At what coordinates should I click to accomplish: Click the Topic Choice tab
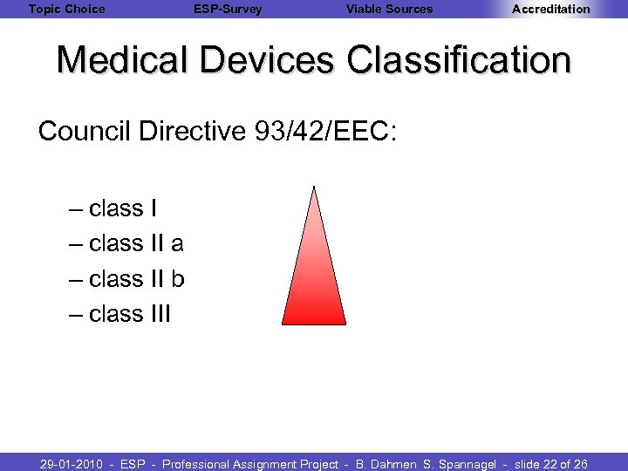(x=66, y=10)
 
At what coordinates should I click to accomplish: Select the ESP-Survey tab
(x=228, y=10)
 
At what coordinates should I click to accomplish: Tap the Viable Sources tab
(x=389, y=10)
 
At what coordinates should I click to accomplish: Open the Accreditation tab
(x=550, y=10)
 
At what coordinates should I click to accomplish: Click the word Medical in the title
(x=124, y=61)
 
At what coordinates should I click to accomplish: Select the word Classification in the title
(x=459, y=61)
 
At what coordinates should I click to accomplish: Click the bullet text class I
(x=123, y=208)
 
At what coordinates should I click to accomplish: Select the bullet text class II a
(x=136, y=243)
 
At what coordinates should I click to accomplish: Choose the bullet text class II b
(x=137, y=279)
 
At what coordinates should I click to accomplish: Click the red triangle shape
(x=314, y=279)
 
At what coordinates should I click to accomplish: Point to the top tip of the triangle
(x=313, y=188)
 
